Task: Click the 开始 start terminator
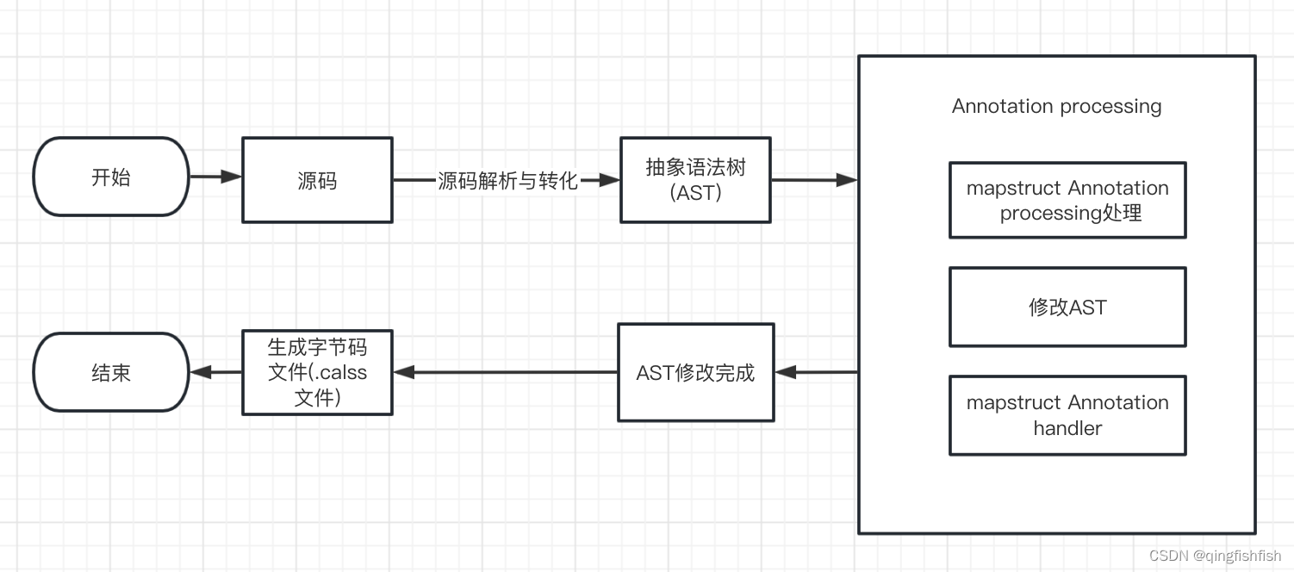coord(111,177)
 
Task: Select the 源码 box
coord(317,180)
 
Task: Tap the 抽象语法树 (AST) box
coord(695,180)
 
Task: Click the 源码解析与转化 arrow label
coord(507,181)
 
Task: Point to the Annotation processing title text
coord(1056,106)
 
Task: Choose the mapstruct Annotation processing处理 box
coord(1067,200)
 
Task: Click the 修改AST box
coord(1067,308)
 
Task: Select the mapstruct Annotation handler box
coord(1067,415)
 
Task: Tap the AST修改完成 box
coord(695,372)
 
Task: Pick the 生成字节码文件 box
coord(317,372)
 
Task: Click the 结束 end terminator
coord(111,372)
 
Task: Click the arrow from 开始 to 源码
coord(215,177)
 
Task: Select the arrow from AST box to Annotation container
coord(814,180)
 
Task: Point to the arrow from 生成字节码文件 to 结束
coord(215,372)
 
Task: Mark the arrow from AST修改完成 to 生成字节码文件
coord(505,372)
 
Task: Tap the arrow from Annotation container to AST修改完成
coord(816,372)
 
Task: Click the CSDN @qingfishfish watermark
coord(1215,556)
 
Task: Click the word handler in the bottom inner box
coord(1067,428)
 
